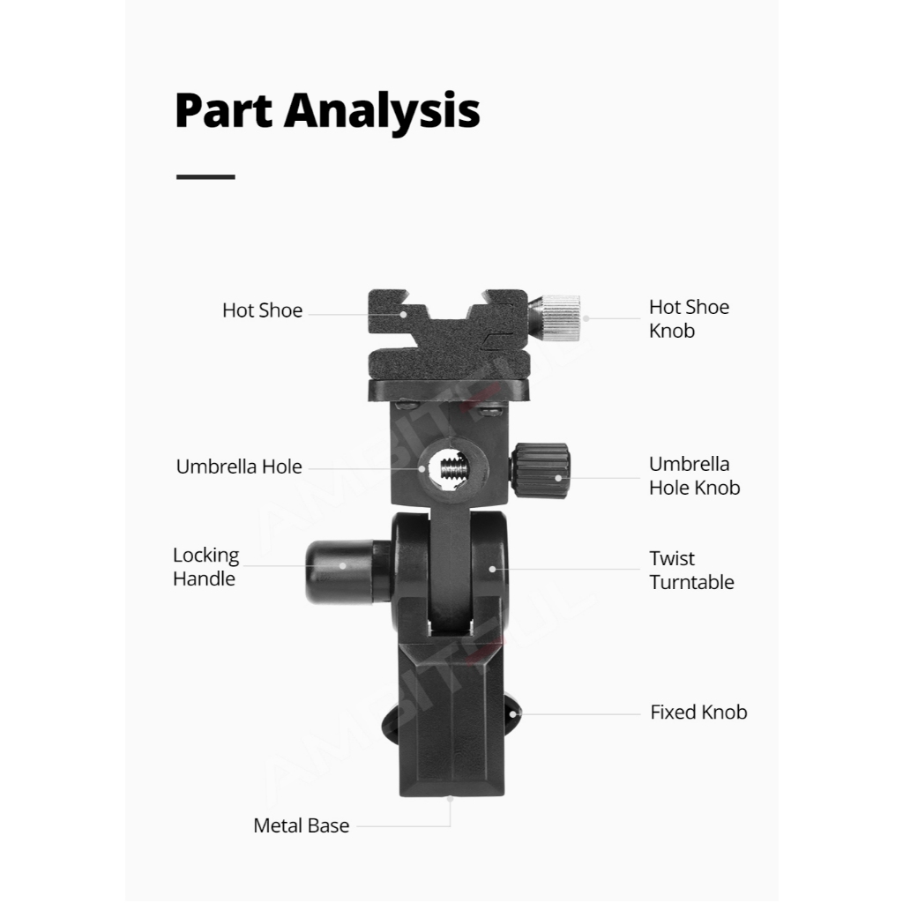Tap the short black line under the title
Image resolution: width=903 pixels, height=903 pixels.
click(x=205, y=176)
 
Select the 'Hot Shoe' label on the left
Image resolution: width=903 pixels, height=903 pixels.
click(x=262, y=310)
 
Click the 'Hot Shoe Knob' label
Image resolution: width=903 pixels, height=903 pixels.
click(x=689, y=319)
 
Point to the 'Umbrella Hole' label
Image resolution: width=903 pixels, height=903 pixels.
click(x=239, y=466)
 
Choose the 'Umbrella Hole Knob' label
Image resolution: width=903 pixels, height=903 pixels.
click(x=695, y=475)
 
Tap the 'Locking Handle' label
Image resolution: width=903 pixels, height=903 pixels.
click(x=206, y=567)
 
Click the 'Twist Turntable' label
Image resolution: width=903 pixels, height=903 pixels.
click(x=691, y=571)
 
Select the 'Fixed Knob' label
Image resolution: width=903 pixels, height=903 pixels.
click(x=698, y=713)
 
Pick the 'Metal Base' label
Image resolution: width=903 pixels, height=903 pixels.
click(x=302, y=825)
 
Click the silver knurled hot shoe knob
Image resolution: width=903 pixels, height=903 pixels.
click(x=556, y=317)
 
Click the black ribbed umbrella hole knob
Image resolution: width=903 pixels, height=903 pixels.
click(x=541, y=471)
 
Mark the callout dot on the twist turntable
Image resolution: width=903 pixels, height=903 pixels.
click(x=492, y=569)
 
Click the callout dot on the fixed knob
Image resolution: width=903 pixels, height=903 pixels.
click(x=513, y=714)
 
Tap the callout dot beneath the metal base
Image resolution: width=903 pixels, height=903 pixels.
click(x=450, y=799)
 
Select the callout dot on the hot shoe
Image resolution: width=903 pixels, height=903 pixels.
click(x=404, y=315)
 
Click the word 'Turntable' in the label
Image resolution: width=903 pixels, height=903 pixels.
click(x=691, y=582)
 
